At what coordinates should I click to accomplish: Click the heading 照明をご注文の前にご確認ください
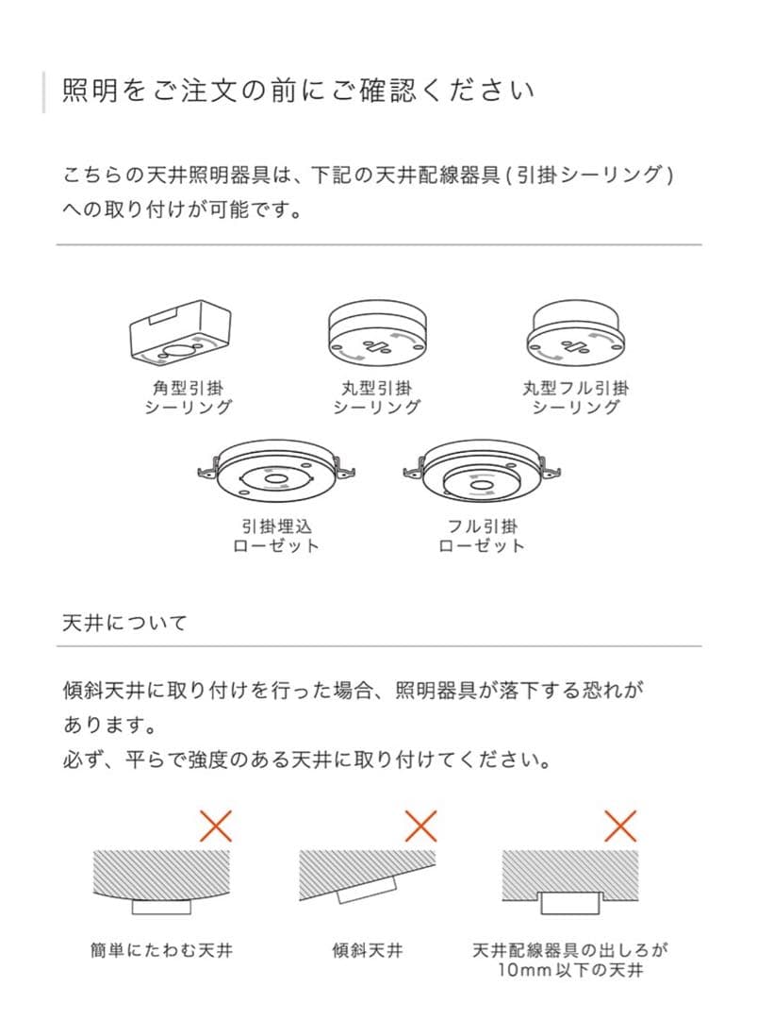[298, 91]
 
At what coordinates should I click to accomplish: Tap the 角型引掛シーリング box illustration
[180, 332]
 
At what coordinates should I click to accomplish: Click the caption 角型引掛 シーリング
[188, 398]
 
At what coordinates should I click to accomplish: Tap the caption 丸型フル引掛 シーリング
[575, 398]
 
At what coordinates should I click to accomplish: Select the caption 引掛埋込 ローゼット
[276, 536]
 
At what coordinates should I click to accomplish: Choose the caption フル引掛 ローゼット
[482, 536]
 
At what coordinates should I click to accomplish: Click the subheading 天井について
[124, 623]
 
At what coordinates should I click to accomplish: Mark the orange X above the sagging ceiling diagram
[216, 826]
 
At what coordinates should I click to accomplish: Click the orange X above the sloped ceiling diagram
[420, 826]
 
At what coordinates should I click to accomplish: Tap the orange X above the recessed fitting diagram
[620, 826]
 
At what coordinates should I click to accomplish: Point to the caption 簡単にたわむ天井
[161, 950]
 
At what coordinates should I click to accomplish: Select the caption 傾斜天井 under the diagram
[368, 950]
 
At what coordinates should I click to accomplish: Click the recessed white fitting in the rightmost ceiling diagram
[570, 903]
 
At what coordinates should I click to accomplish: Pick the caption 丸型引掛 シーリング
[376, 398]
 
